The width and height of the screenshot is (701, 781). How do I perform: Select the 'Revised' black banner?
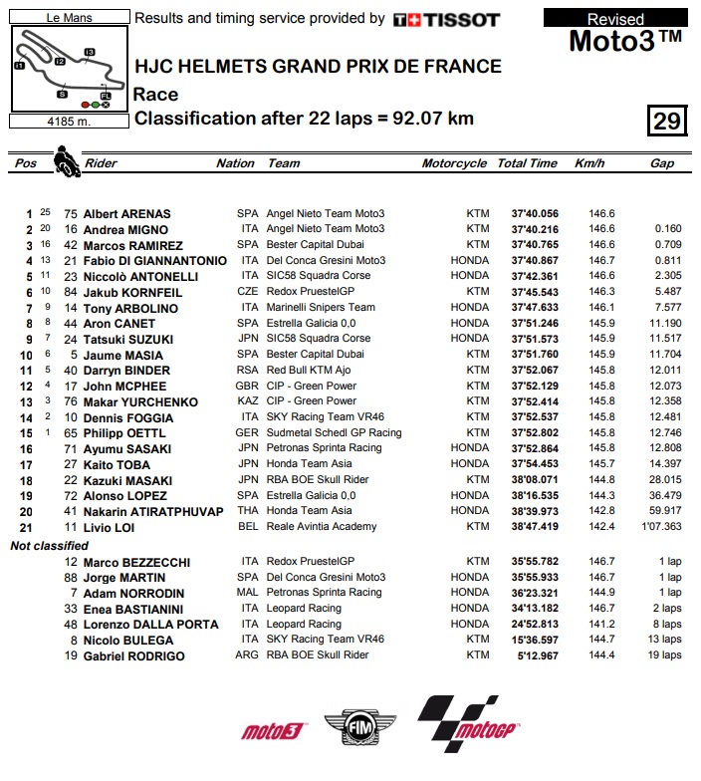[x=615, y=19]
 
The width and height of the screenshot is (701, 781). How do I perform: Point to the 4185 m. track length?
[x=67, y=123]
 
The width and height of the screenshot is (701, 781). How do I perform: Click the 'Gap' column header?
[x=662, y=163]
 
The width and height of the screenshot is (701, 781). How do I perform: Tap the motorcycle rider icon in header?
[x=67, y=161]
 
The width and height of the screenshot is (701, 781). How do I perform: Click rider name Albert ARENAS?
[x=126, y=213]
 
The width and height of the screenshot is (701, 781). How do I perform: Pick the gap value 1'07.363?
[x=661, y=526]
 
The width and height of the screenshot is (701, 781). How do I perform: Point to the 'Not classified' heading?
[x=49, y=546]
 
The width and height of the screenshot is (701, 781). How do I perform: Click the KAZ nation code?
[x=247, y=401]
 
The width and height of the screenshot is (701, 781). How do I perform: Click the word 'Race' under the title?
[x=156, y=95]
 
